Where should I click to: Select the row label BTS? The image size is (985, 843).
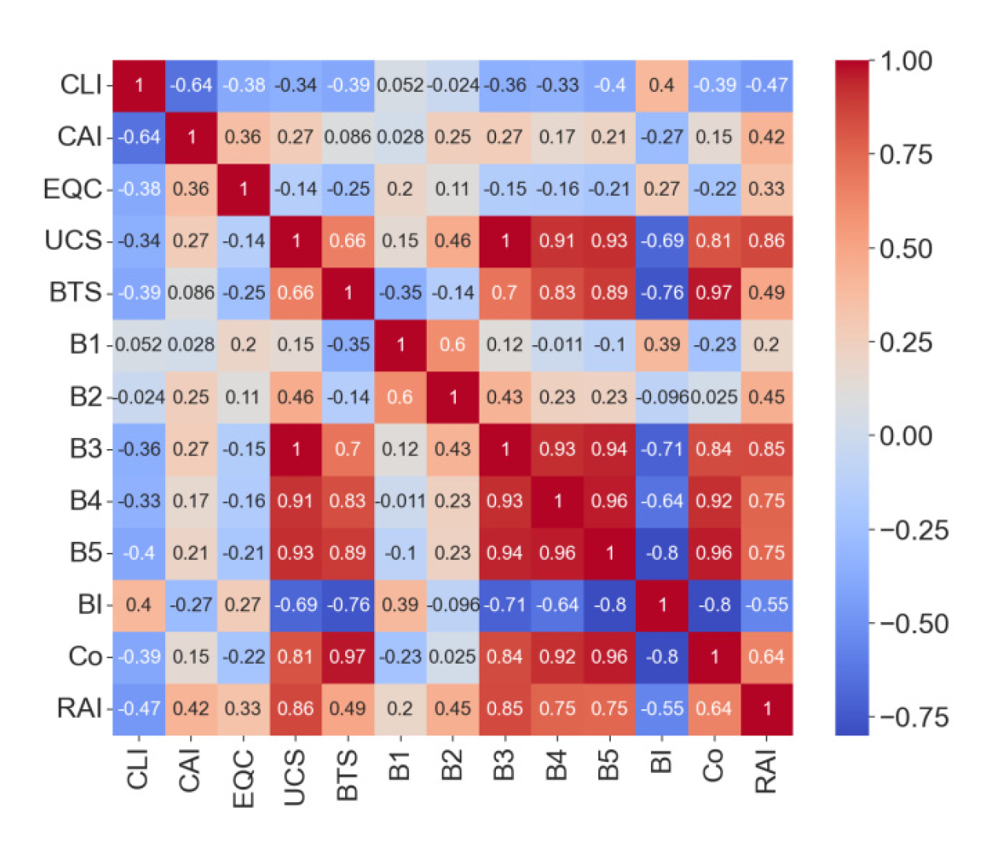[75, 293]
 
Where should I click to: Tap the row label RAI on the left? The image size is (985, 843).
[79, 709]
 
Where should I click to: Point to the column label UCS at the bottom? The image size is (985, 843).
[295, 778]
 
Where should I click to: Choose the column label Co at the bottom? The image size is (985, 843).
[713, 766]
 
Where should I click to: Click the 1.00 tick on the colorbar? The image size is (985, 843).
[906, 61]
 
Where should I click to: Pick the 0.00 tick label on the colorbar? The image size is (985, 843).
[906, 436]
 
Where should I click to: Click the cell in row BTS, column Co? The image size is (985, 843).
[714, 293]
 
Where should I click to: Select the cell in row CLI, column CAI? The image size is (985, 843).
[191, 85]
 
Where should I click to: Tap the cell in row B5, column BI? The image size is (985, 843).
[662, 553]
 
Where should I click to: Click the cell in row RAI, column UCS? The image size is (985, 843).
[296, 709]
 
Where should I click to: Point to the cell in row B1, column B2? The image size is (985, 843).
[453, 344]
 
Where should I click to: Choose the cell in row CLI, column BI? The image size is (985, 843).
[662, 85]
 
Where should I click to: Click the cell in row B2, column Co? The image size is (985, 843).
[714, 397]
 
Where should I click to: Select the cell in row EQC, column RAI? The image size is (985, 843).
[766, 189]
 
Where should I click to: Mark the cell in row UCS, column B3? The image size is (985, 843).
[505, 241]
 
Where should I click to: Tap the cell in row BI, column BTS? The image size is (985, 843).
[347, 605]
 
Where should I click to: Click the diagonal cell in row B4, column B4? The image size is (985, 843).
[557, 501]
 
